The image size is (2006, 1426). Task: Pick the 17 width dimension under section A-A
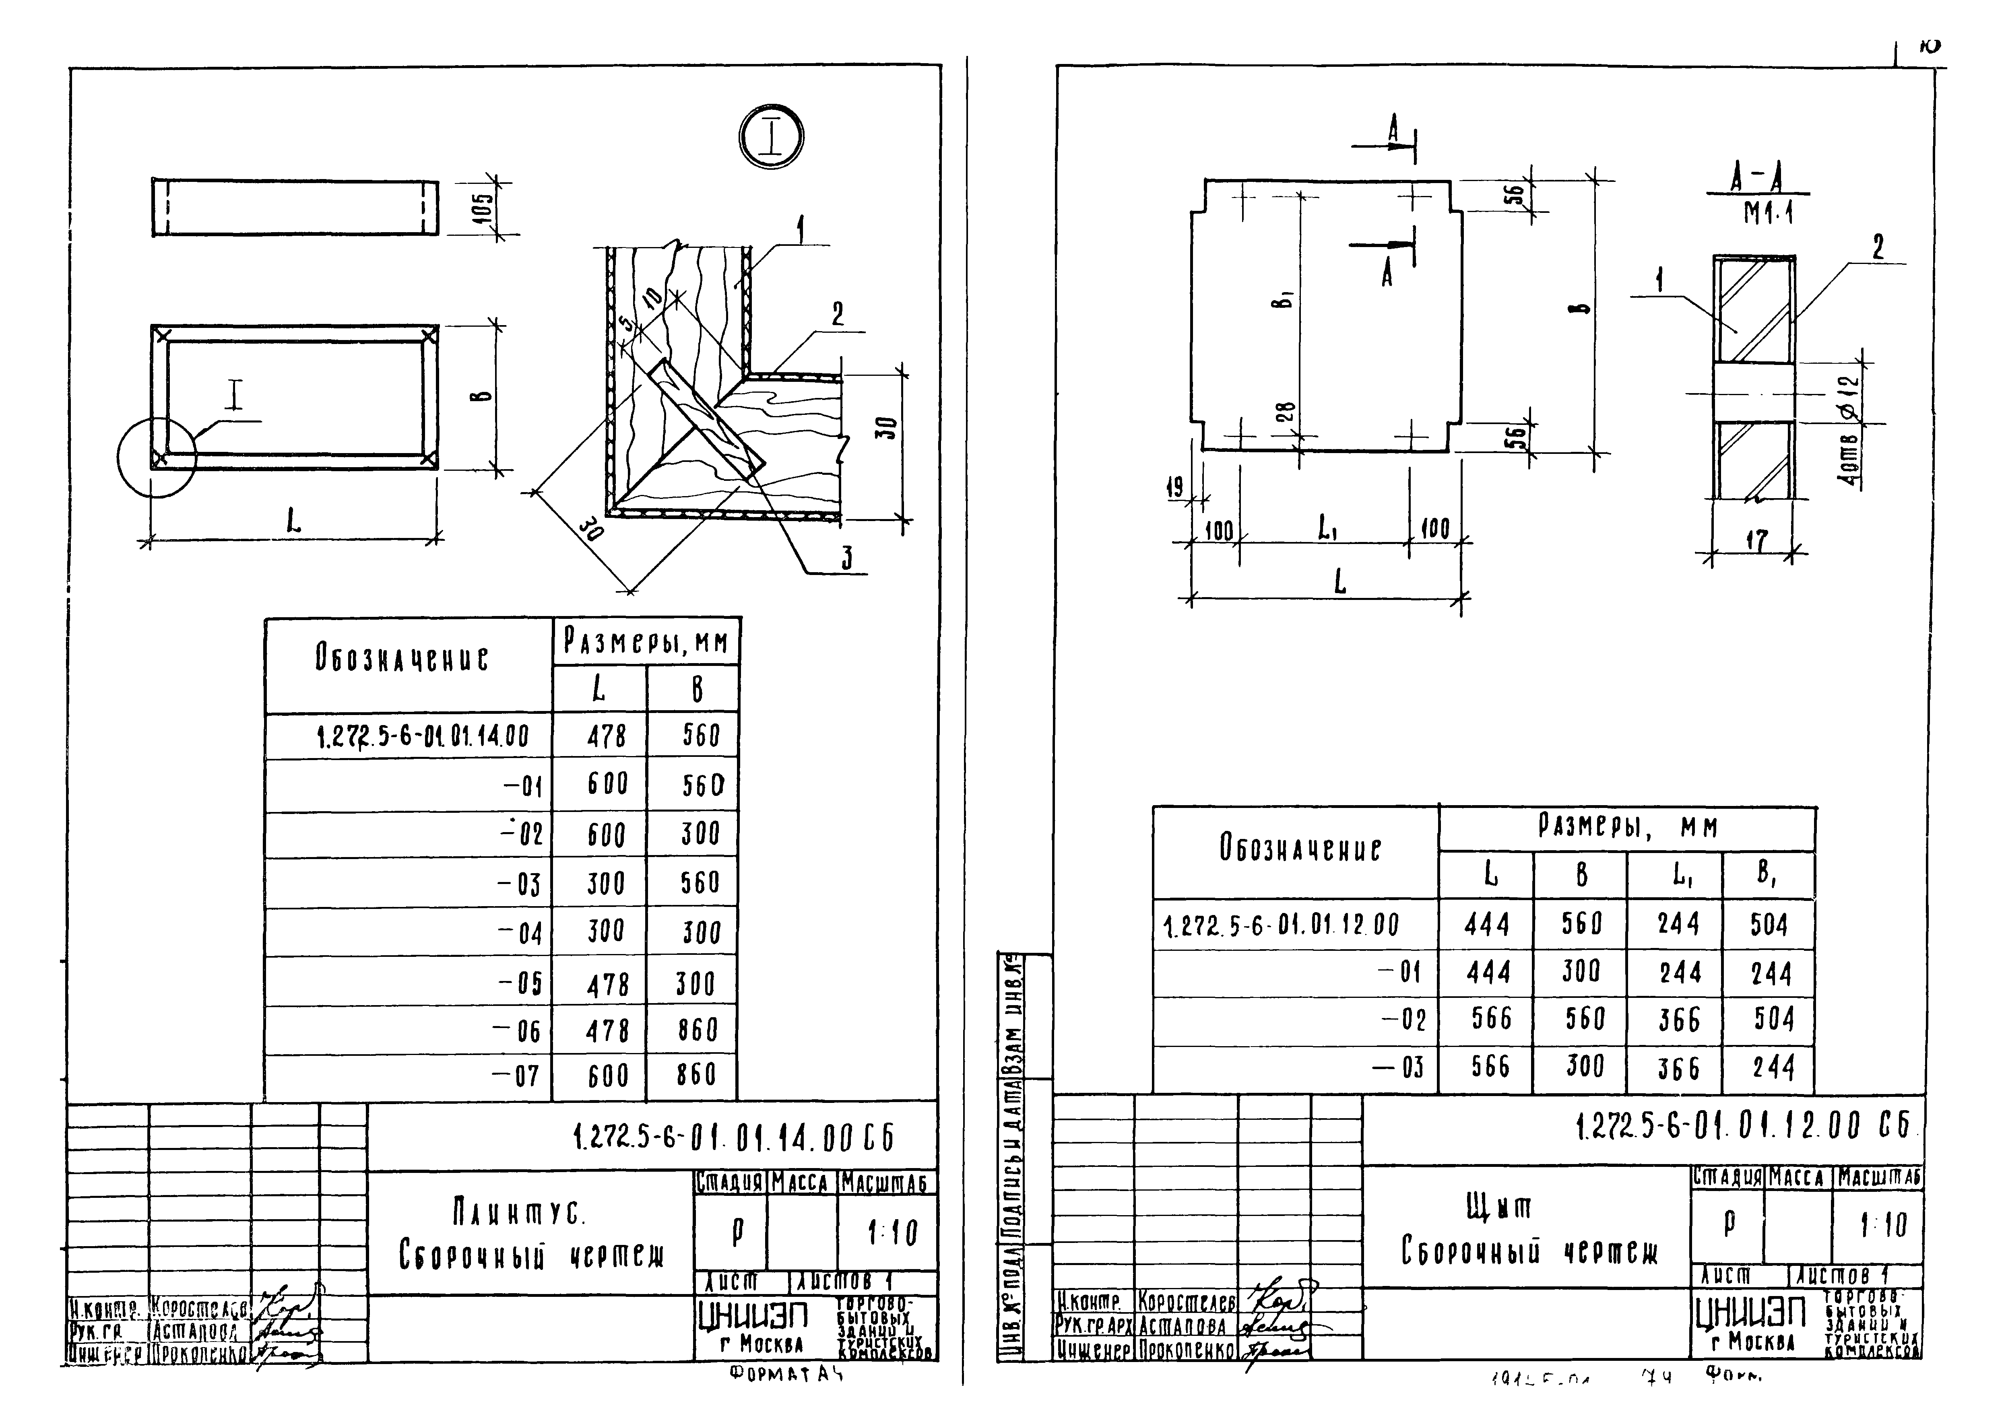1756,540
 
